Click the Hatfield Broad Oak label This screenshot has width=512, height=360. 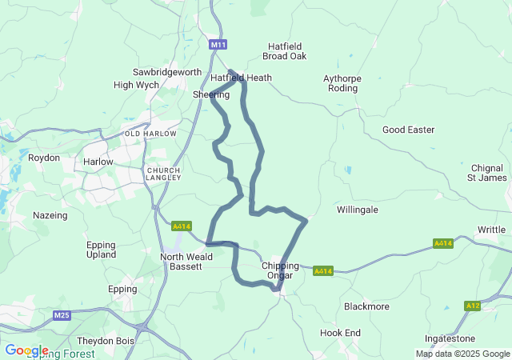click(284, 50)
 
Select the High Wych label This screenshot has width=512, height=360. click(136, 85)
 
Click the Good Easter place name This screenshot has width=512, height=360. click(408, 130)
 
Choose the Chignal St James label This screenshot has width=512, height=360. click(487, 172)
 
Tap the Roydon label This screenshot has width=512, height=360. click(44, 158)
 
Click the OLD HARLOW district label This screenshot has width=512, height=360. click(149, 134)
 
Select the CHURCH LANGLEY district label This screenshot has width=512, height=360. click(163, 175)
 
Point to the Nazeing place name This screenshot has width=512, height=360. click(50, 215)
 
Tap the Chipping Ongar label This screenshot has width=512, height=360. click(280, 270)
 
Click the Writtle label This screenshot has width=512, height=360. click(491, 230)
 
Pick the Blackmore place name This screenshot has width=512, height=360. click(366, 306)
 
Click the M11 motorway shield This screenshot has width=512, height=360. click(218, 46)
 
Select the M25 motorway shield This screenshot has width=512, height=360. click(62, 316)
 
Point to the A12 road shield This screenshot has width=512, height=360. click(473, 306)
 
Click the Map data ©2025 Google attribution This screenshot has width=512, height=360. click(462, 354)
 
